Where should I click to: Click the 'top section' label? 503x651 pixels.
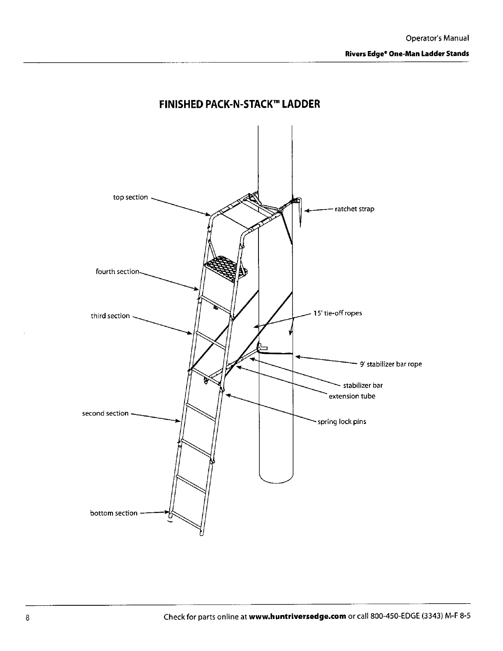click(130, 197)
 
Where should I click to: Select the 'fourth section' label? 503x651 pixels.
click(118, 272)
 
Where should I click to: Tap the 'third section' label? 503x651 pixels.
click(110, 316)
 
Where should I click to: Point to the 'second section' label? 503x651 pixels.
click(105, 413)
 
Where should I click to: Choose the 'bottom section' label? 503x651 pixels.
click(113, 513)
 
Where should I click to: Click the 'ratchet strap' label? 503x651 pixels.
click(354, 209)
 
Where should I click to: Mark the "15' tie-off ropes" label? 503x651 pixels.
click(337, 313)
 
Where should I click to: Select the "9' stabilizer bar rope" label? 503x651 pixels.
click(390, 364)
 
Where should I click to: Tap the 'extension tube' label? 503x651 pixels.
click(352, 396)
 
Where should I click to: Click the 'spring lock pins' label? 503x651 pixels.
click(341, 422)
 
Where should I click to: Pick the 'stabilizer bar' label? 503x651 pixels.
click(362, 386)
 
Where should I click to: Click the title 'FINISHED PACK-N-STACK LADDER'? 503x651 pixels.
click(239, 104)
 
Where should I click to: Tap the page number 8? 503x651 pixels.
click(27, 618)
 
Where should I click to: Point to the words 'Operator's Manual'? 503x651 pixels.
click(437, 38)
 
